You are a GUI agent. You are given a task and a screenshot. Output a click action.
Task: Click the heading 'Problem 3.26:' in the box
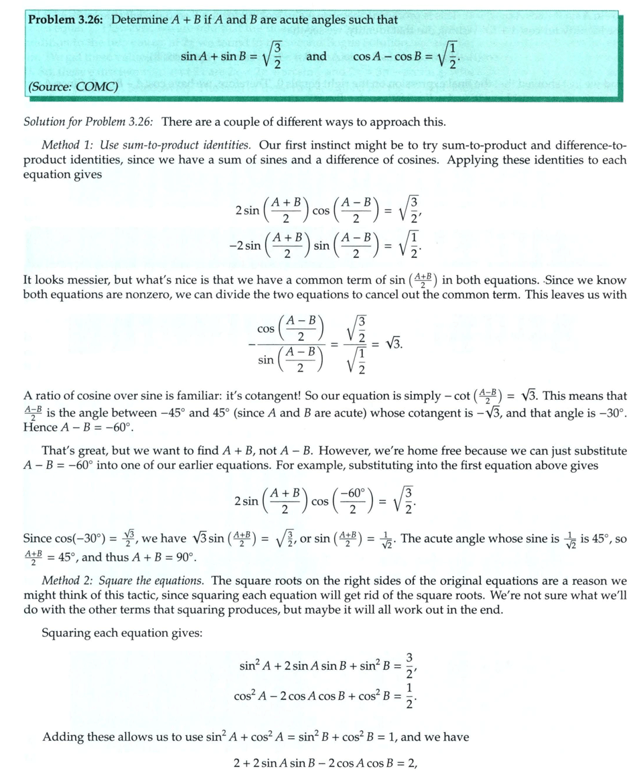point(67,19)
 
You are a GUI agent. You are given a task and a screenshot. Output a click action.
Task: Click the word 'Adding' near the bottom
point(61,737)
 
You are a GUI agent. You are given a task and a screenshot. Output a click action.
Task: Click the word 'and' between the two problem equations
point(315,57)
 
